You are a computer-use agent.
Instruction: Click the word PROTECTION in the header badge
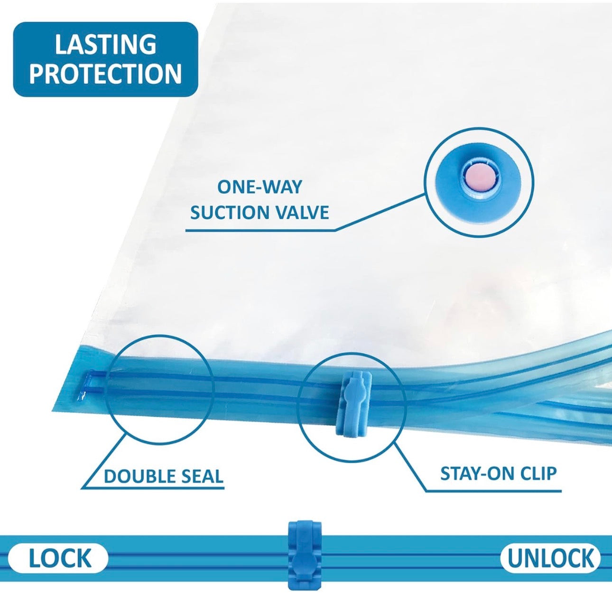tap(105, 73)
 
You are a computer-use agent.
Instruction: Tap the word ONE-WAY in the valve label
tap(259, 187)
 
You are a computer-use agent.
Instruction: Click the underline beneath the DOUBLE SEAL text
tap(152, 495)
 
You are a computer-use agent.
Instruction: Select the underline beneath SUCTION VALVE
tap(260, 229)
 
